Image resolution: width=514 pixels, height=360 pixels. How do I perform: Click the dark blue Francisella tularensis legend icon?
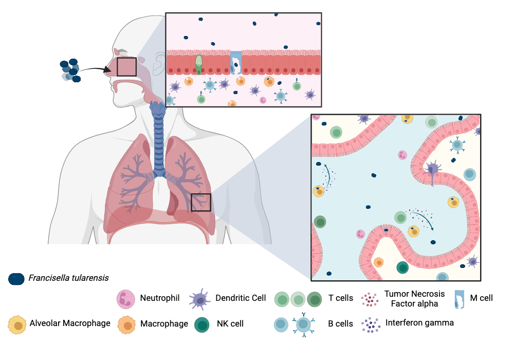click(x=16, y=279)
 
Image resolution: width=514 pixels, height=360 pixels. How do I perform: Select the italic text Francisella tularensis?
click(x=68, y=278)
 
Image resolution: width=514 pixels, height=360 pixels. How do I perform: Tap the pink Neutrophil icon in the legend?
click(x=126, y=299)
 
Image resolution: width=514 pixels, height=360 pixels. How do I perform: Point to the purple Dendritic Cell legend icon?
click(x=199, y=299)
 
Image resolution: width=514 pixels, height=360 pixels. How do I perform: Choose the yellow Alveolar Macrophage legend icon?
click(x=17, y=325)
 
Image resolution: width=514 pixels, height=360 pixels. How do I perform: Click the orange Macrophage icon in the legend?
click(x=126, y=325)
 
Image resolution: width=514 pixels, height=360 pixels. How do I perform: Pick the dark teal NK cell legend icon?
click(x=202, y=325)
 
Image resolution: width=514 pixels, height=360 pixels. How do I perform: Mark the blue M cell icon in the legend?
click(x=460, y=299)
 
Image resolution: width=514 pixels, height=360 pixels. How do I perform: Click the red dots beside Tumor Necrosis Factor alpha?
click(x=370, y=299)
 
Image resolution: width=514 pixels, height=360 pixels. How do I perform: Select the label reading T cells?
click(x=341, y=298)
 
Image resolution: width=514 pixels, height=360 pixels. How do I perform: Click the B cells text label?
click(x=341, y=324)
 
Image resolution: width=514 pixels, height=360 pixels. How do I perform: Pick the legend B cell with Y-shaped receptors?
click(x=304, y=325)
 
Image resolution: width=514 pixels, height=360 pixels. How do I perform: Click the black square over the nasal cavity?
click(x=126, y=67)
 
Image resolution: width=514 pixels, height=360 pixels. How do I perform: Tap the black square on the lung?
click(x=200, y=202)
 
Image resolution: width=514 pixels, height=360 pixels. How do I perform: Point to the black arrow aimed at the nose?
click(x=96, y=68)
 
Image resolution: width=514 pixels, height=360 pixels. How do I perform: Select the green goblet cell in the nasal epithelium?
click(x=198, y=65)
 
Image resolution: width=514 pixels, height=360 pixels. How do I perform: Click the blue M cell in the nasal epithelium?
click(x=236, y=63)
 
